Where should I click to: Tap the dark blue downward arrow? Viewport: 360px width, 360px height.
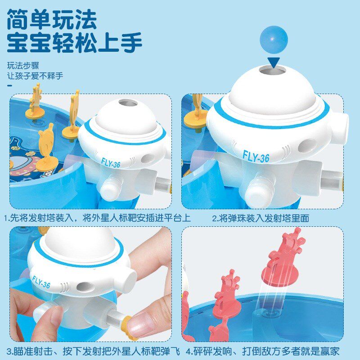coord(274,63)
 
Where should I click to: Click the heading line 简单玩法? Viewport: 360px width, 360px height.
coord(52,19)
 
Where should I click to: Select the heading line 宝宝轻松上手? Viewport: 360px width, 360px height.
coord(74,42)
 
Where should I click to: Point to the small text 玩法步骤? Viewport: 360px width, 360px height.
coord(23,66)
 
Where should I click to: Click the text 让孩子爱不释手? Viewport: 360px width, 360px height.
coord(35,76)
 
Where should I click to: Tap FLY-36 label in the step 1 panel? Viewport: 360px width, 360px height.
coord(110,163)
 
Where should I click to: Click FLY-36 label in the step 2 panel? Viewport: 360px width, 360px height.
coord(256,157)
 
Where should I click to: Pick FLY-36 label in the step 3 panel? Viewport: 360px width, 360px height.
coord(41,282)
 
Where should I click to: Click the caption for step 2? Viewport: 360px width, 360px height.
coord(261,218)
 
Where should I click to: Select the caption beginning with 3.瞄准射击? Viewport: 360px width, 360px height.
coord(93,351)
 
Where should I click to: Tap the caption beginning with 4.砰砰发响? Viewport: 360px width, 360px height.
coord(262,351)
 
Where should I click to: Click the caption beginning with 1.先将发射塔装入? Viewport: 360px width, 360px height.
coord(98,218)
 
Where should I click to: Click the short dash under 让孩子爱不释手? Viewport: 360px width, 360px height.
coord(9,85)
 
